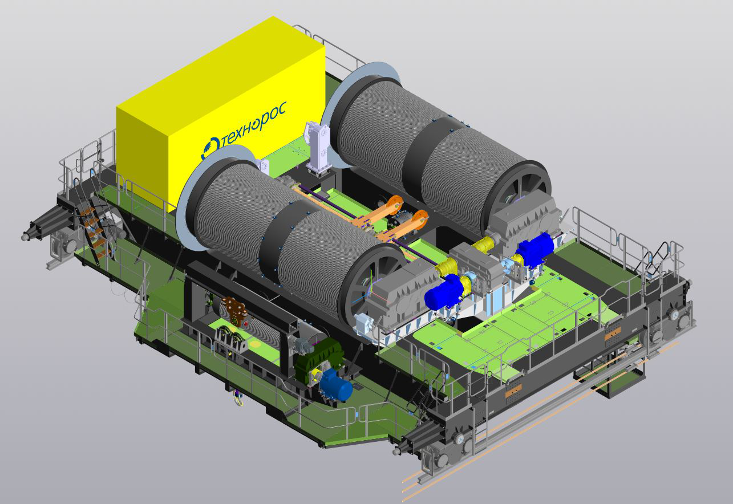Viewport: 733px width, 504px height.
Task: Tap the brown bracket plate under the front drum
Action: (235, 310)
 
